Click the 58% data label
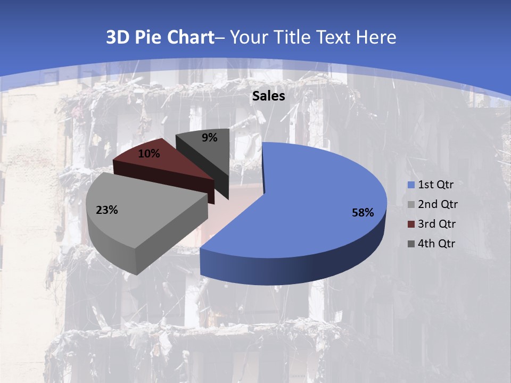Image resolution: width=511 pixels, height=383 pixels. [363, 213]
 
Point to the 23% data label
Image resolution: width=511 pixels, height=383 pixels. [106, 210]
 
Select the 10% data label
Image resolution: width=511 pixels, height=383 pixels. [149, 154]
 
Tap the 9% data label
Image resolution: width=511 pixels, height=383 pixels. [210, 138]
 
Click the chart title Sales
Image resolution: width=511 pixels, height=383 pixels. [268, 96]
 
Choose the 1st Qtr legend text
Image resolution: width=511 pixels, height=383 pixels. [435, 185]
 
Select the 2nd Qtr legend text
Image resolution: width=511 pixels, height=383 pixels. [438, 204]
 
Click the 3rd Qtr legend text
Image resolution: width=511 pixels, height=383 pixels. [438, 224]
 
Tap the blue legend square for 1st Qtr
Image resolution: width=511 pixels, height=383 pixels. [411, 185]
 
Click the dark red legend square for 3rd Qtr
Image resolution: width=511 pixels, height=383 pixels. [411, 224]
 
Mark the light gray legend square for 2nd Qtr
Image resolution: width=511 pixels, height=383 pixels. [411, 205]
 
